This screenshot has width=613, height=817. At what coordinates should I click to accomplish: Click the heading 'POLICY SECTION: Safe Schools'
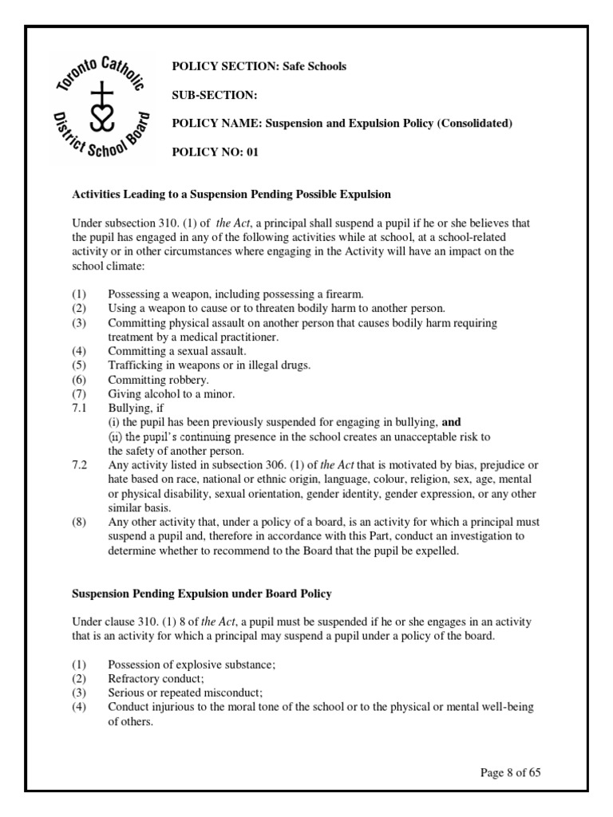(x=259, y=66)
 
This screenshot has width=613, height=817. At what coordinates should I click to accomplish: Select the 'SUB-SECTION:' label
(x=215, y=95)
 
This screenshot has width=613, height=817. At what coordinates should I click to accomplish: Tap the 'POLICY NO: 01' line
(x=216, y=152)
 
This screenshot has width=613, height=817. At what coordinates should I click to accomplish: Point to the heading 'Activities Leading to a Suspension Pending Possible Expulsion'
(x=231, y=194)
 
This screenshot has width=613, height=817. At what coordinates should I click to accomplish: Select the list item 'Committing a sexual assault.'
(x=178, y=350)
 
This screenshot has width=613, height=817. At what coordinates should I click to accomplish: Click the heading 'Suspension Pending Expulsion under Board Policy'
(x=202, y=593)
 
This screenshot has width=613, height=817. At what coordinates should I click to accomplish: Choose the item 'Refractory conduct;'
(x=156, y=679)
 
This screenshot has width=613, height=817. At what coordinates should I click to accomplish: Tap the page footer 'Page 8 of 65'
(x=512, y=772)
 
